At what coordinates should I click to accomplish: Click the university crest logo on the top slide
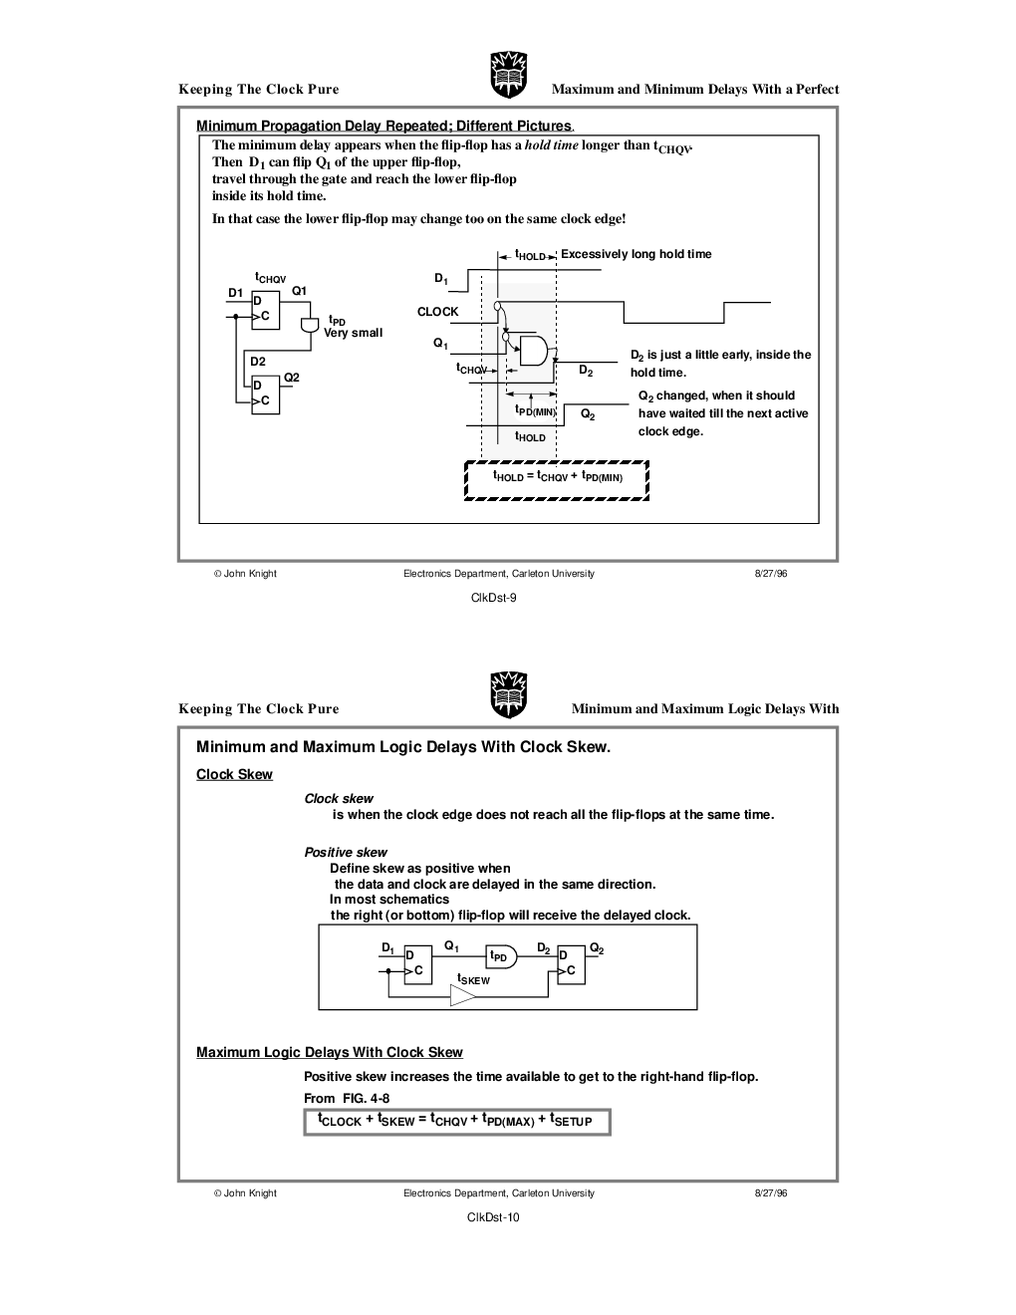[507, 75]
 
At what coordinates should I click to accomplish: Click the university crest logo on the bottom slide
[507, 694]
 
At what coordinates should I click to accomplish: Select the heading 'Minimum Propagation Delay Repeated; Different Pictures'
[383, 126]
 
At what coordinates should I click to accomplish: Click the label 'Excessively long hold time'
[635, 254]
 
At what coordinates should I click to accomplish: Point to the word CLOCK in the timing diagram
[437, 312]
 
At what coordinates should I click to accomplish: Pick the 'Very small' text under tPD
[353, 333]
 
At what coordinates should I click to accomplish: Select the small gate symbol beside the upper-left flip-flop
[309, 326]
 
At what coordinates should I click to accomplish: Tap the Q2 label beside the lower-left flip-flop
[292, 378]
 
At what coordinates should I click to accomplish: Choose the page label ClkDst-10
[493, 1217]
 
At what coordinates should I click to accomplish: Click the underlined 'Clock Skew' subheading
[234, 775]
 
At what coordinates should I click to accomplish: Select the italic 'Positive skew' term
[346, 853]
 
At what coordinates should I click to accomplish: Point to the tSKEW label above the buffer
[473, 979]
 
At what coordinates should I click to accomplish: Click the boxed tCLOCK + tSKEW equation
[456, 1122]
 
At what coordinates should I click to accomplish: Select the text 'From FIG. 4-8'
[347, 1098]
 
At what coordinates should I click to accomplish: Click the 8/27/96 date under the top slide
[771, 574]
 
